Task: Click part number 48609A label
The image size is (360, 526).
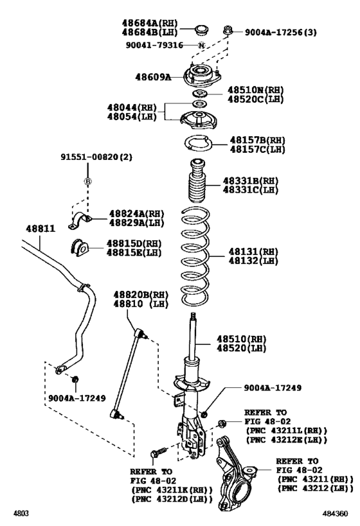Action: (153, 77)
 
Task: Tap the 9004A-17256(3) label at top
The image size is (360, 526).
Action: (281, 31)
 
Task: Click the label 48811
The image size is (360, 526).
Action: (40, 228)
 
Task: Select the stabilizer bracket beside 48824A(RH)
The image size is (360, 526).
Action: (80, 218)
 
